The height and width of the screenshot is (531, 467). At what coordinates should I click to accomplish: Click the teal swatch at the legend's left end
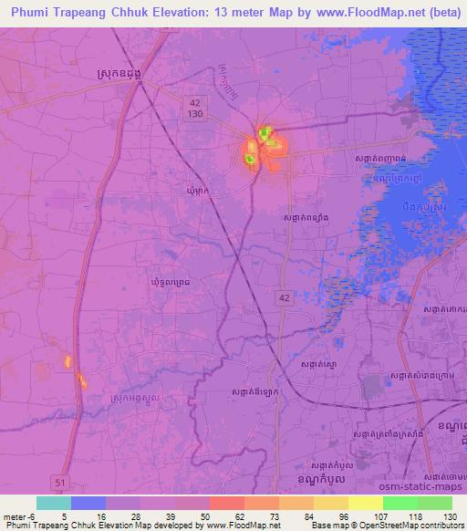54,503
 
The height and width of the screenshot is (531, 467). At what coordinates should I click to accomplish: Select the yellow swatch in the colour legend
364,503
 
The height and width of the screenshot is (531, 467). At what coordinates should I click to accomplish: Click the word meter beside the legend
13,515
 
